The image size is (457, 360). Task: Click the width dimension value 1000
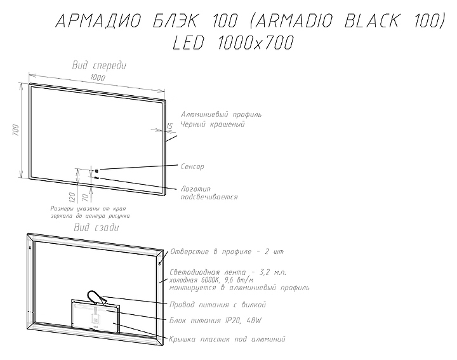(x=98, y=77)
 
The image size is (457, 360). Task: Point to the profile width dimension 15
(x=169, y=126)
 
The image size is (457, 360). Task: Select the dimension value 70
(x=84, y=197)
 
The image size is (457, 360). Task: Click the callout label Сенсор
(x=192, y=166)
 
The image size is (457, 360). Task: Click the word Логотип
(x=195, y=189)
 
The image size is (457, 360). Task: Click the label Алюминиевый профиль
(x=221, y=114)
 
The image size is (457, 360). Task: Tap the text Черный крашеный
(x=213, y=124)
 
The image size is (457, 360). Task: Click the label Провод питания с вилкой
(x=223, y=304)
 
